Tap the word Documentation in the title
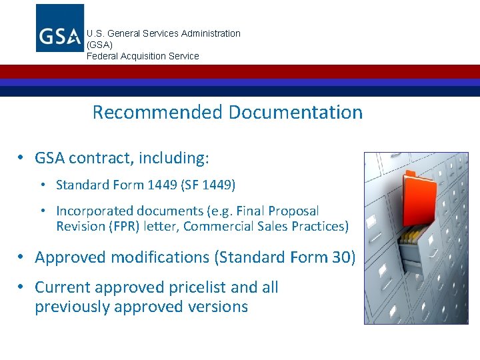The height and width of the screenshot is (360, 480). point(295,112)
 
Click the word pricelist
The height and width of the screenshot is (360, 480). point(194,287)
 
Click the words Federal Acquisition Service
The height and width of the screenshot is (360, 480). point(143,56)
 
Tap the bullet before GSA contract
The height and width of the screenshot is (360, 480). point(21,158)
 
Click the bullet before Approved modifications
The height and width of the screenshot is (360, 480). point(21,257)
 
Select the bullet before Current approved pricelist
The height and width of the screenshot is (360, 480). point(21,287)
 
